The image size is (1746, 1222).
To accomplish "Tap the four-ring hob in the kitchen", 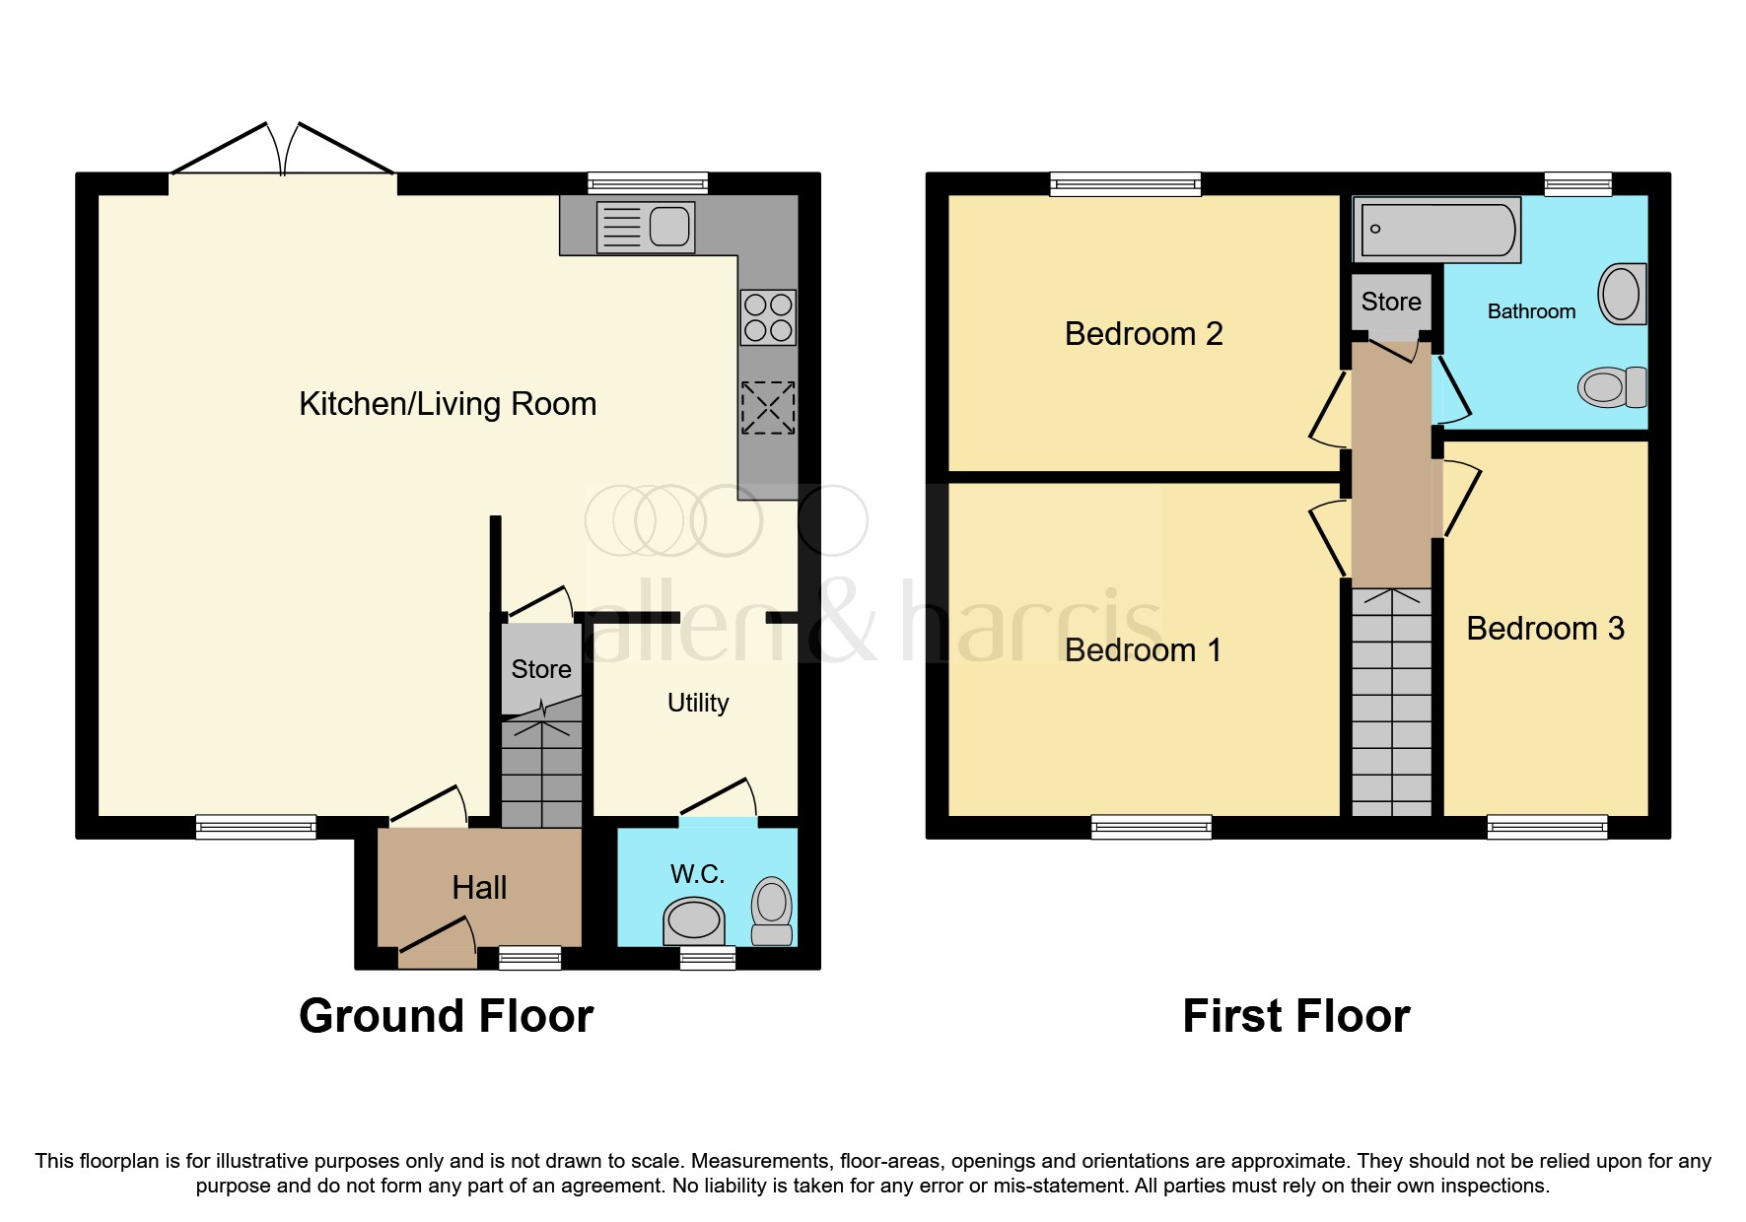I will [x=768, y=317].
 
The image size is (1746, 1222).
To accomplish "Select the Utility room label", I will [x=698, y=703].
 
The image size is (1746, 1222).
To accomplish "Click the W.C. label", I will [x=697, y=873].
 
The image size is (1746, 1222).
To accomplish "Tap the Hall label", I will [x=479, y=888].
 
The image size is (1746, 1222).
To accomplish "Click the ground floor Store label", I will [x=541, y=669].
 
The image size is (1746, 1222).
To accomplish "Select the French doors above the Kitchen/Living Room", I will [x=283, y=153].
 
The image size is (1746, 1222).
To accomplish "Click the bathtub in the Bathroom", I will [x=1437, y=230].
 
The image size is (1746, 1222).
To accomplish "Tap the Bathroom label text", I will [x=1531, y=311].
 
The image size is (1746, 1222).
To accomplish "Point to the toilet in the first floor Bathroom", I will [x=1611, y=387].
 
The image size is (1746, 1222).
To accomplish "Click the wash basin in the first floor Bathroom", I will [x=1623, y=294].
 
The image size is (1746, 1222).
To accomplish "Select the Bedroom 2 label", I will [x=1144, y=334].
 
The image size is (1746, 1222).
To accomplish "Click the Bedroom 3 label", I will [x=1545, y=629].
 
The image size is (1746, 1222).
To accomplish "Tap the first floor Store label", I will [x=1391, y=302].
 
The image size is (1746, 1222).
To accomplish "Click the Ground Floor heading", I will [x=446, y=1016].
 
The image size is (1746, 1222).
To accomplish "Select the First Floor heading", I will [x=1295, y=1016].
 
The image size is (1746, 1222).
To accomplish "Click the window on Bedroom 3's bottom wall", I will [x=1547, y=827].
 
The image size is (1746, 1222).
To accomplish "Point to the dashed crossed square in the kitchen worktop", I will [x=768, y=408].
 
